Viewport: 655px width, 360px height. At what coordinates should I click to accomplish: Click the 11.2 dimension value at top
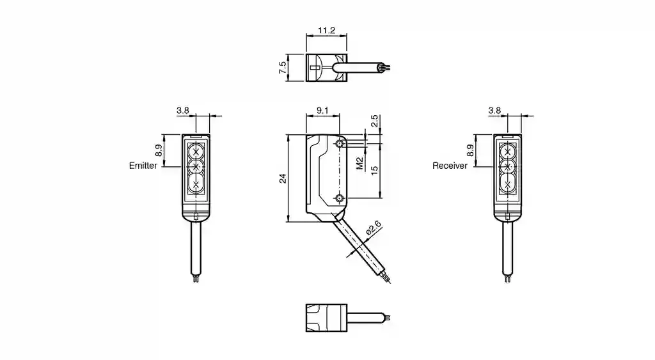pos(327,30)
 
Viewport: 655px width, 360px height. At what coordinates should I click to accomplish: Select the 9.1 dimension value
pos(322,111)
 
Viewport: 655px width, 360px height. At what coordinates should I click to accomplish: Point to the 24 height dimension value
pos(281,178)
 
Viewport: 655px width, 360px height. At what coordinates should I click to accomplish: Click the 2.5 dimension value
pos(375,120)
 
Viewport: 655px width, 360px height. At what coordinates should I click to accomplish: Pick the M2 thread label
pos(359,164)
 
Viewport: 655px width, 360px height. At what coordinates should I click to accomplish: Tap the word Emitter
pos(143,166)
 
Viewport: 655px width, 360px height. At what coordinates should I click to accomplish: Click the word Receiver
pos(450,166)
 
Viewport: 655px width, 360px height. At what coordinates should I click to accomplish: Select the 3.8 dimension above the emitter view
pos(182,111)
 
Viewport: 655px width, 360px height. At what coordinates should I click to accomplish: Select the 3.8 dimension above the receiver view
pos(494,111)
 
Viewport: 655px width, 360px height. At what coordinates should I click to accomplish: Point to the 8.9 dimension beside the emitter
pos(158,151)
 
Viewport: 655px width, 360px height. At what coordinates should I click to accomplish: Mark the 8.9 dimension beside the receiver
pos(470,151)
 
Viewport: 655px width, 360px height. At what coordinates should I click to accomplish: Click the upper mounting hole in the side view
pos(340,145)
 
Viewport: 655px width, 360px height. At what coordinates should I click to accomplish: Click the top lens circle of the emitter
pos(196,152)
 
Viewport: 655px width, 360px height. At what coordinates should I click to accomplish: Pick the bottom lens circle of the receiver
pos(508,184)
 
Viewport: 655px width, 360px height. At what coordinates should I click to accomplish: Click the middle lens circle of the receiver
pos(508,168)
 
